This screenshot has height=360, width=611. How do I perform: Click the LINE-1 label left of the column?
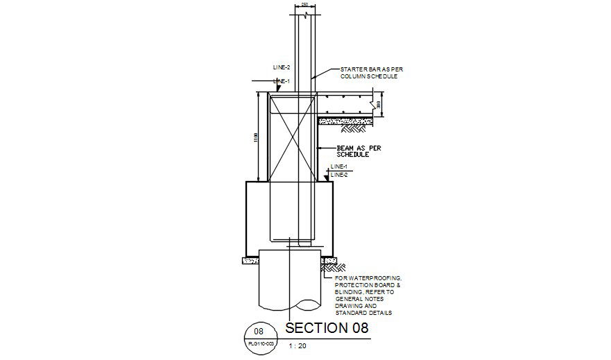[282, 81]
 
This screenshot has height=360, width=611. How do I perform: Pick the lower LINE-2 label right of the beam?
[338, 175]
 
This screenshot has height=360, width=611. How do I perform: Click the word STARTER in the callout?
[352, 70]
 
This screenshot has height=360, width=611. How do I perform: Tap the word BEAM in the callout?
[345, 148]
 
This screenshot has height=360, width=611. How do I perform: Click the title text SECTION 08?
[327, 328]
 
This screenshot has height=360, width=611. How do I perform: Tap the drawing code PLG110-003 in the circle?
[259, 343]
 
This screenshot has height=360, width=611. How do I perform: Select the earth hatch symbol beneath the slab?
[354, 128]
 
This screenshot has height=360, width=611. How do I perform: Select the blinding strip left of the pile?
[250, 261]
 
